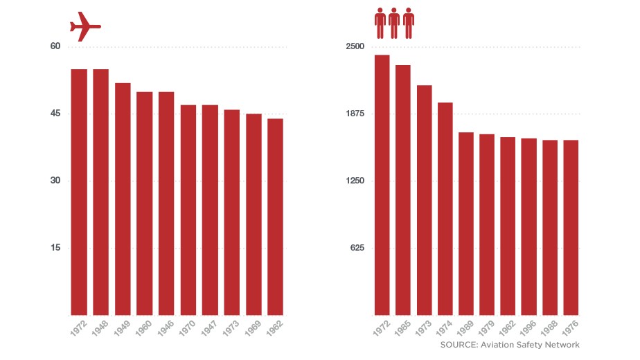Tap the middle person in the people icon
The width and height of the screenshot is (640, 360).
(394, 23)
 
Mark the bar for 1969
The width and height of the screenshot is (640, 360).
(254, 214)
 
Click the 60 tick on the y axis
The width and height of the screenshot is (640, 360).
(55, 46)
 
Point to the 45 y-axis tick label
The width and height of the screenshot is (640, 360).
(55, 114)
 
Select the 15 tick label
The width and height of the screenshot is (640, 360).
(55, 248)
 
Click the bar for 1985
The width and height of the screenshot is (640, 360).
(403, 190)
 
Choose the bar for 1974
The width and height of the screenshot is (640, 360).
(445, 208)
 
